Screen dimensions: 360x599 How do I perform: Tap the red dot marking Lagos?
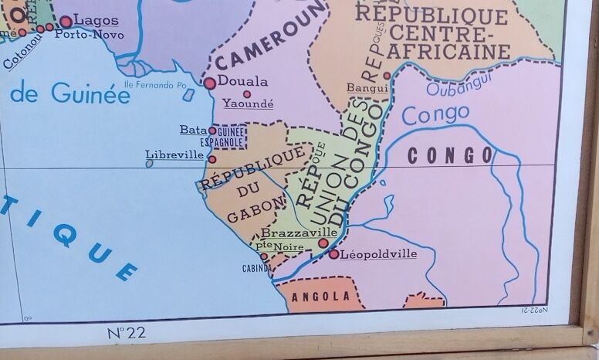point(66,22)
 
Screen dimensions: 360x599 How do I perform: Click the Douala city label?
point(242,81)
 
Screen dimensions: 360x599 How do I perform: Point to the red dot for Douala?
point(209,82)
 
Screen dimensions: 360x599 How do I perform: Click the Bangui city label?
point(362,88)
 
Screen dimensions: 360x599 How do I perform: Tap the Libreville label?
point(174,155)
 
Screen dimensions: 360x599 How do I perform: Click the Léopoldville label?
point(378,253)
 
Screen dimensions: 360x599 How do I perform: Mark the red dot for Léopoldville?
point(333,253)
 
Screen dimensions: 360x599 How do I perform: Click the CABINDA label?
point(258,268)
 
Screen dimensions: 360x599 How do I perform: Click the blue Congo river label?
point(435,115)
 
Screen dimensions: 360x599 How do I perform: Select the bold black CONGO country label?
point(450,155)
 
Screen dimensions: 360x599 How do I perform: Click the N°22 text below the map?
point(127,334)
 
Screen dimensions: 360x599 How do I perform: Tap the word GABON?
point(246,212)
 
